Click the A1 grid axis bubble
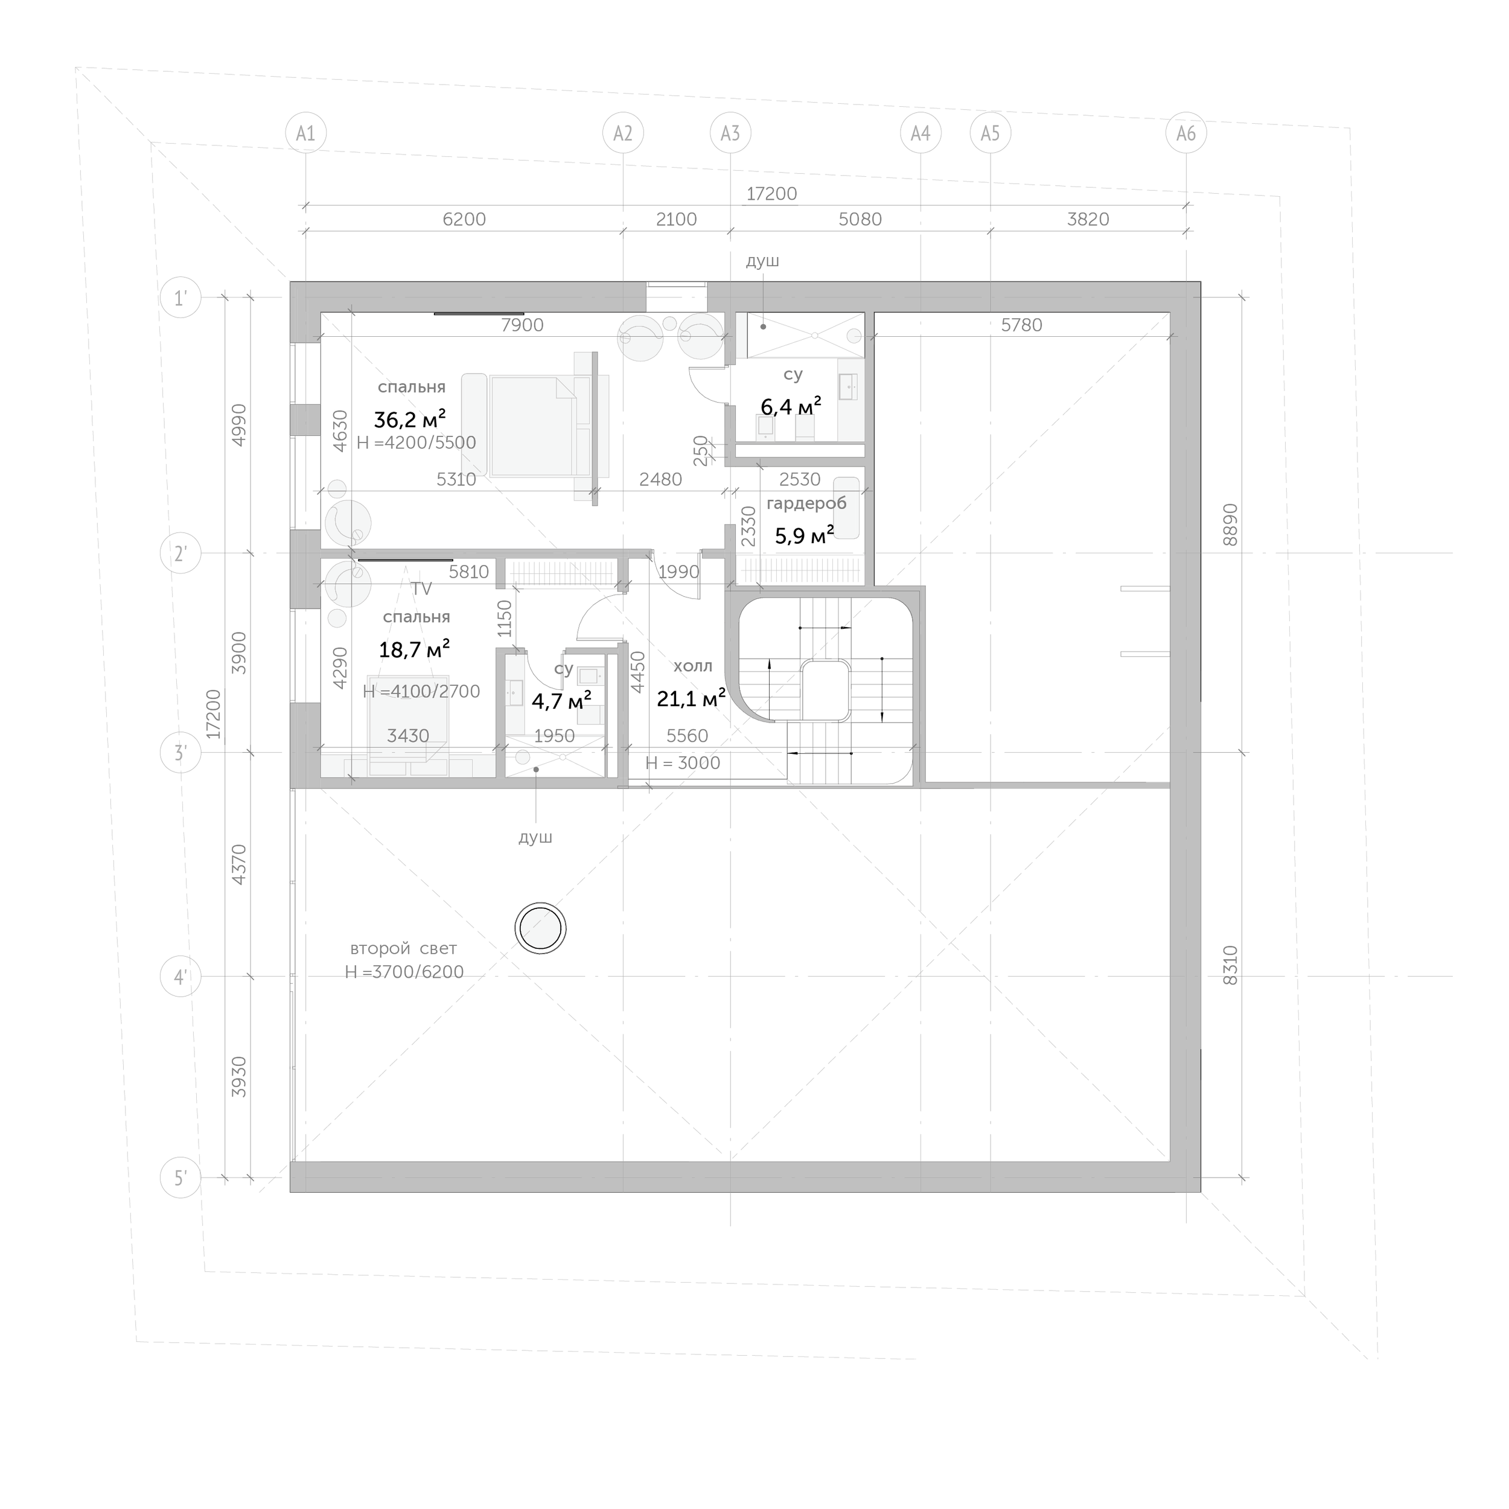(x=305, y=133)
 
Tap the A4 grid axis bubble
(x=921, y=133)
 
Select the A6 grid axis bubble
(x=1185, y=133)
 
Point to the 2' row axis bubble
(x=180, y=554)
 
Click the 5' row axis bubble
(x=180, y=1178)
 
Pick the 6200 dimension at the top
(x=464, y=220)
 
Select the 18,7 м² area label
(x=414, y=648)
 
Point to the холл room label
(x=693, y=666)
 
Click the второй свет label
(x=403, y=948)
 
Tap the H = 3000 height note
(x=683, y=763)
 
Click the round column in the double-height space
(x=540, y=928)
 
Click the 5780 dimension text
(x=1022, y=325)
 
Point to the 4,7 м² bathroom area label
(x=561, y=699)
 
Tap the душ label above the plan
(x=762, y=261)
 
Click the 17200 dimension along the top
(x=771, y=194)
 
